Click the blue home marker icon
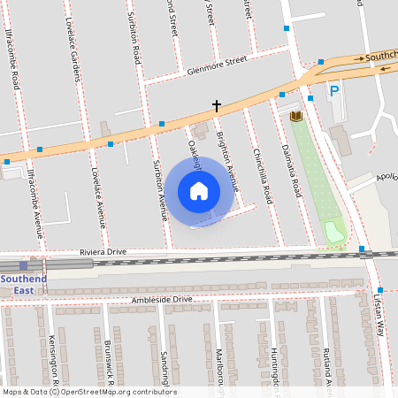199,191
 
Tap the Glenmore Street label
216,62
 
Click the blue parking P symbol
334,90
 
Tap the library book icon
295,116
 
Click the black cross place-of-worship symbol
216,105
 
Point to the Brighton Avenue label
229,165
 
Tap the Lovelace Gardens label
74,54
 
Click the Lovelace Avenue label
99,196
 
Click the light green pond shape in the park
334,233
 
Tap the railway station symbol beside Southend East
23,264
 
